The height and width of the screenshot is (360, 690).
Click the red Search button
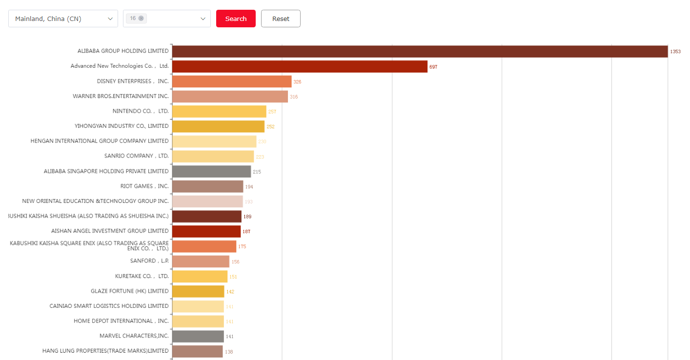236,19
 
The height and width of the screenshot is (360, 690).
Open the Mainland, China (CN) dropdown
63,19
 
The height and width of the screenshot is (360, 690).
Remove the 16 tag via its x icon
141,18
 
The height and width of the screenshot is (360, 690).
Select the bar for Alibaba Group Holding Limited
420,51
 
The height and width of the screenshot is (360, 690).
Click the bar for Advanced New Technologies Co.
300,66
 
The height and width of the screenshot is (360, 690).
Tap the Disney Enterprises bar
232,81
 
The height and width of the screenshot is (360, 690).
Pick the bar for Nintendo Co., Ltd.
219,112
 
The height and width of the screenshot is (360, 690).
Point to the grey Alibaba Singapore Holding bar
211,172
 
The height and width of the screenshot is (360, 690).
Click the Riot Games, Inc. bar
207,186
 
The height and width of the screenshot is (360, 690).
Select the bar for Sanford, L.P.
201,261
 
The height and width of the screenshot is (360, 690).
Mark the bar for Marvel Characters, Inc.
198,337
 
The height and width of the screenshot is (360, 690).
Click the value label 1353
675,52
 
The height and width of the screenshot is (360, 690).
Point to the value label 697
433,67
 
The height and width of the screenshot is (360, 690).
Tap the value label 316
294,97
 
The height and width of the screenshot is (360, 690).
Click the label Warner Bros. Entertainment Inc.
121,96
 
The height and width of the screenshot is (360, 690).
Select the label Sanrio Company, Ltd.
136,156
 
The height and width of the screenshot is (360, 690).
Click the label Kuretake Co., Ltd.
142,276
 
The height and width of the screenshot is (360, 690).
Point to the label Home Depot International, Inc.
121,321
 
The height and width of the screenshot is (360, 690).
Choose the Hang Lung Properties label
105,351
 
